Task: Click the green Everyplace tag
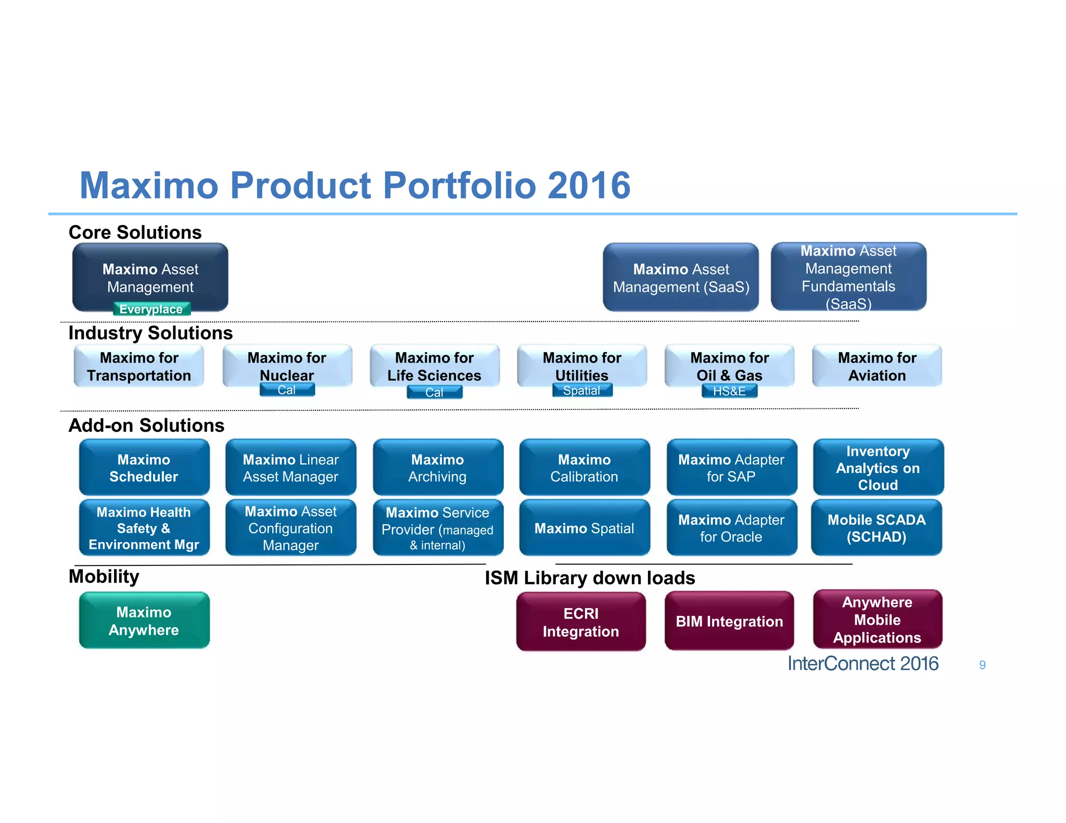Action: point(151,309)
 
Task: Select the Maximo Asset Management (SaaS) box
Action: point(680,278)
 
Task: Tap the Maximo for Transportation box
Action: point(139,366)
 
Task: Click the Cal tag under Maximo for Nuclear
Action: point(287,390)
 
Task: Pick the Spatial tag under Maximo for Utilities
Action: point(581,391)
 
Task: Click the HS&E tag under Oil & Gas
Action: point(729,391)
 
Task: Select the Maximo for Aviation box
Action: point(877,366)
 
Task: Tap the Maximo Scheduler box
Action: point(144,468)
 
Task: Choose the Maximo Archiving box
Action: point(438,468)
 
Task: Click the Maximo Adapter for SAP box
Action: point(731,468)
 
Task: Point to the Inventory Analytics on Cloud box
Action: point(878,468)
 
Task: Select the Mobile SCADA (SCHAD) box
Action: point(877,528)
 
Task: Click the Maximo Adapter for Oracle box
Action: point(731,528)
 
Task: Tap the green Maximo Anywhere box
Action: point(144,621)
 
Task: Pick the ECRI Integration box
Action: point(581,622)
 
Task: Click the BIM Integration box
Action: point(729,621)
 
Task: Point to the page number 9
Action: point(982,665)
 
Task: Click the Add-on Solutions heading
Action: point(146,426)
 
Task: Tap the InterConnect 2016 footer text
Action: point(862,664)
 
